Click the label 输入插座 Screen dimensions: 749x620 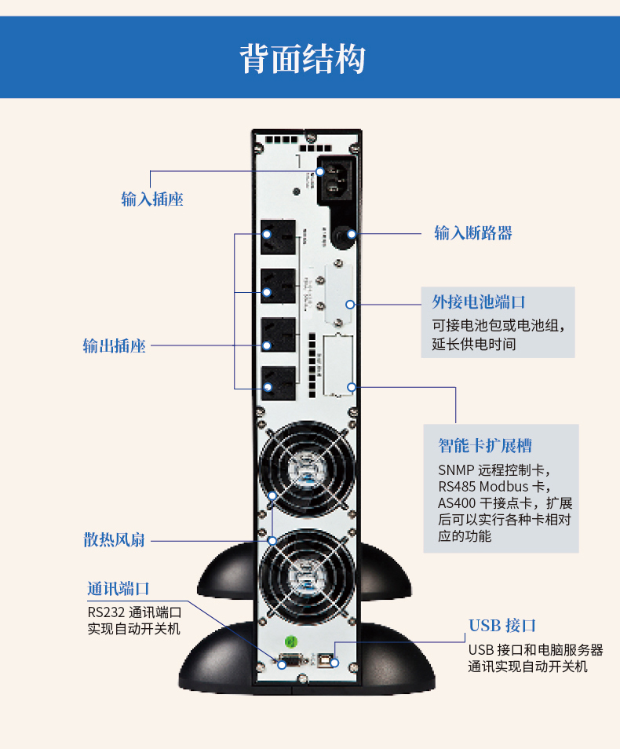point(152,199)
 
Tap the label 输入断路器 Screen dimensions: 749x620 point(473,233)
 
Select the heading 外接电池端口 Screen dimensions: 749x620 point(479,302)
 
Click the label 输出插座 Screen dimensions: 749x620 point(115,346)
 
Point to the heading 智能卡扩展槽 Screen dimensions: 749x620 point(485,446)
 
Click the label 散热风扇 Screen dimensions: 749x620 point(115,540)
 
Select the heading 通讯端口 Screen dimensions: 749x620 point(119,589)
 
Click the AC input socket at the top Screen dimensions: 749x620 point(336,181)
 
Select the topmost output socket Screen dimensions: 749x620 point(279,236)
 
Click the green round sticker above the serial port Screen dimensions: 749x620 point(289,640)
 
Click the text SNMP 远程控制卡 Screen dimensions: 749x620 point(494,470)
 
